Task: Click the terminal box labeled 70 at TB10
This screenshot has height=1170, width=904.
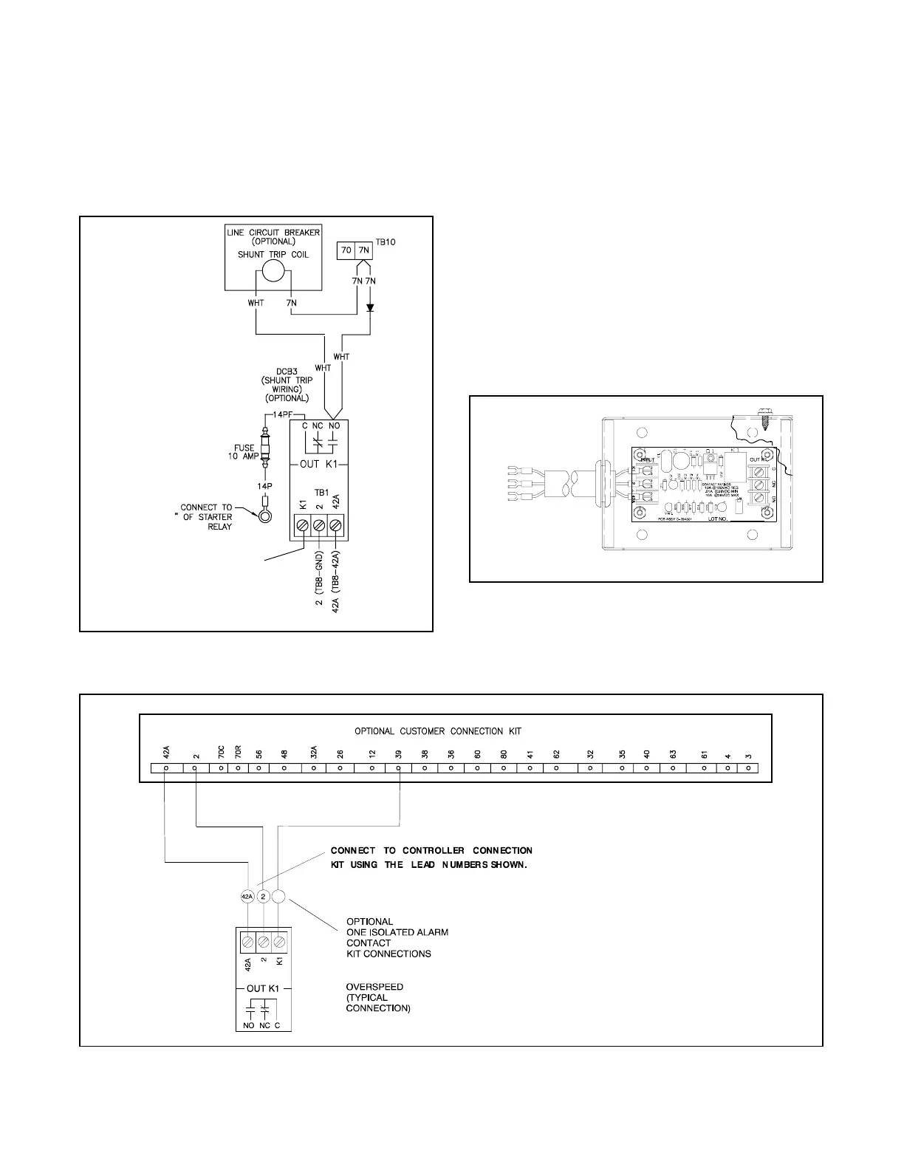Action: [346, 250]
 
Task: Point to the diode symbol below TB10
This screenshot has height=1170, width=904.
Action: [370, 307]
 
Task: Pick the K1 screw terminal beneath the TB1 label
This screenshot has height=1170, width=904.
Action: [302, 525]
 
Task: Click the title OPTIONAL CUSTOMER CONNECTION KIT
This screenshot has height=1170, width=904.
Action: [438, 731]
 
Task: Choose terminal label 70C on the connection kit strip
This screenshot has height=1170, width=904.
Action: [221, 753]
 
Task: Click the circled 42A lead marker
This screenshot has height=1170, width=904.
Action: [247, 897]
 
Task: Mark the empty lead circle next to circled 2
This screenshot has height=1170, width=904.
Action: [278, 897]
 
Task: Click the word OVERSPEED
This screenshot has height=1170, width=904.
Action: [375, 987]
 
